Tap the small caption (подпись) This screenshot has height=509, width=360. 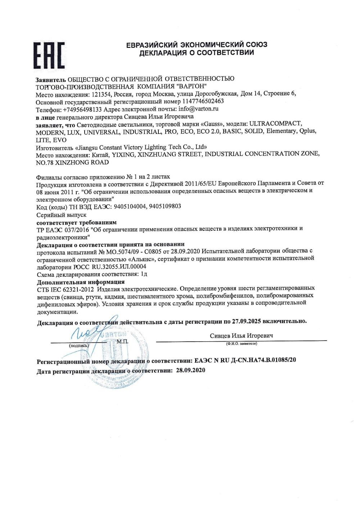pos(78,346)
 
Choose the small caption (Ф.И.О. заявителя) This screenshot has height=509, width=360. pos(241,344)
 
